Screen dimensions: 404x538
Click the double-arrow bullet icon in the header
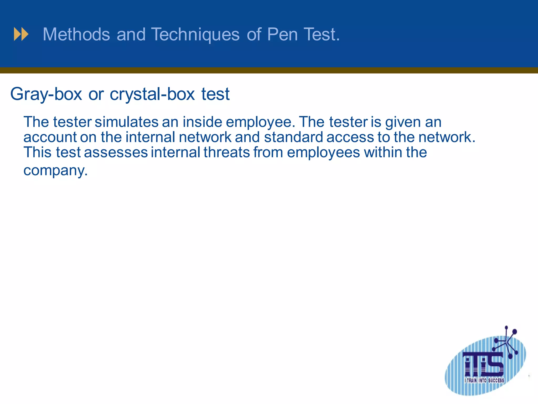[21, 34]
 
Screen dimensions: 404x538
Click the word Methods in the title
[76, 34]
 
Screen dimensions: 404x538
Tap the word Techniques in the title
[195, 34]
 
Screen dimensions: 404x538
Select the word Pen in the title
[282, 34]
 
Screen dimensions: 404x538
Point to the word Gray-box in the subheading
[46, 94]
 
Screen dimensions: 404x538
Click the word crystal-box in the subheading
[152, 94]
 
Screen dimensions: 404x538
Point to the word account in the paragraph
[50, 137]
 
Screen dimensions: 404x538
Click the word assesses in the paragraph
[116, 153]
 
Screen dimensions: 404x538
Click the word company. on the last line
[55, 171]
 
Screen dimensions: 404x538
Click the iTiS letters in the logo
[484, 364]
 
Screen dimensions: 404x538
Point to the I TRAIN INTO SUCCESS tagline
[484, 380]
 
